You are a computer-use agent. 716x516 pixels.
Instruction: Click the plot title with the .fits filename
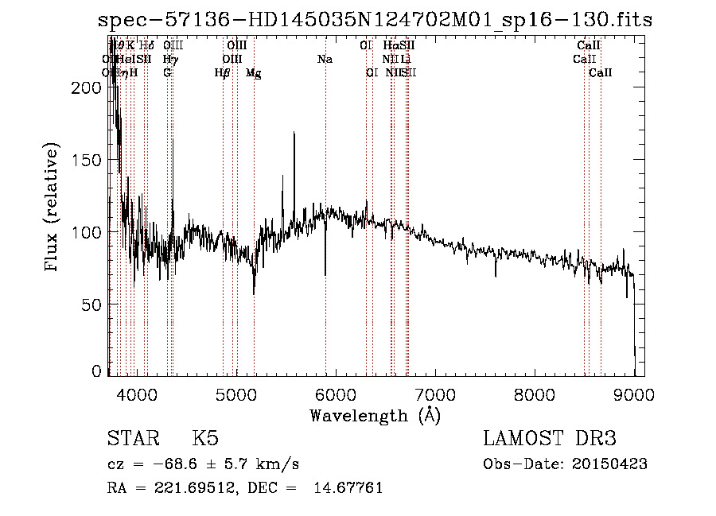click(x=374, y=20)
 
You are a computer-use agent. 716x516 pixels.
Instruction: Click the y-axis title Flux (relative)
click(x=53, y=208)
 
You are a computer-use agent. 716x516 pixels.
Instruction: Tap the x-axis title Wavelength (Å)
click(x=375, y=415)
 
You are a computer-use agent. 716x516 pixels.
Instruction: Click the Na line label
click(x=325, y=59)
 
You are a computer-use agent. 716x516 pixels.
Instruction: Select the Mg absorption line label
click(x=253, y=73)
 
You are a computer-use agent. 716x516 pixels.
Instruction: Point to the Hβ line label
click(x=222, y=73)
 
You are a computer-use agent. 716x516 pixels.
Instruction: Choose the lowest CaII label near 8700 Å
click(x=601, y=73)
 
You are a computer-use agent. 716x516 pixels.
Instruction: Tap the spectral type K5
click(x=205, y=439)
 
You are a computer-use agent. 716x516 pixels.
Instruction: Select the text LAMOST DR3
click(x=550, y=439)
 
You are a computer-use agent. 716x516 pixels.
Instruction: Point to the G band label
click(x=167, y=73)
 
